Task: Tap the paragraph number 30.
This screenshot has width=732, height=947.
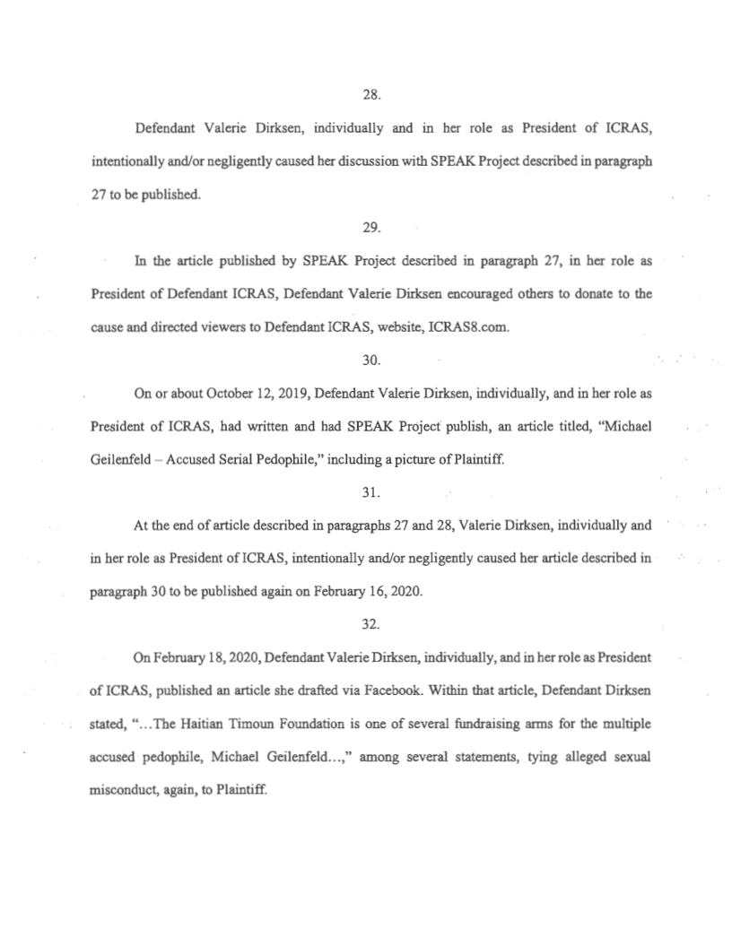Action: point(366,361)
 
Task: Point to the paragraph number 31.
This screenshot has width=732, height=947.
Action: point(366,494)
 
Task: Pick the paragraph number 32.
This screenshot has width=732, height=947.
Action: point(366,627)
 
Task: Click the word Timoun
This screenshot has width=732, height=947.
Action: point(281,726)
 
